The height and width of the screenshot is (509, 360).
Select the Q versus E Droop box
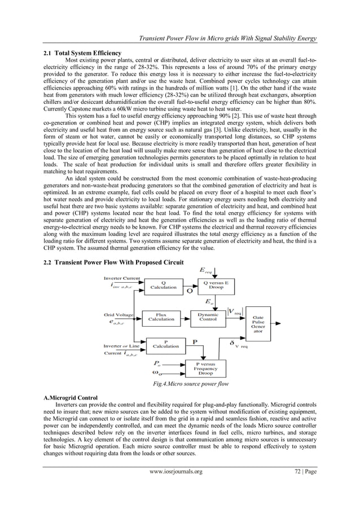point(208,286)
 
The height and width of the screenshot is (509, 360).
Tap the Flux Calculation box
point(161,317)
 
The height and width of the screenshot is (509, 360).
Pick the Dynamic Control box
point(208,317)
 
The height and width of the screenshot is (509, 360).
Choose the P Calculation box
point(166,344)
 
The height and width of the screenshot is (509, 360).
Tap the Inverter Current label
point(122,278)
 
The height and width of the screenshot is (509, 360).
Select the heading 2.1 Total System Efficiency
point(78,52)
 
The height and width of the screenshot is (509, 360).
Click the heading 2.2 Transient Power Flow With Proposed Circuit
point(113,263)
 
